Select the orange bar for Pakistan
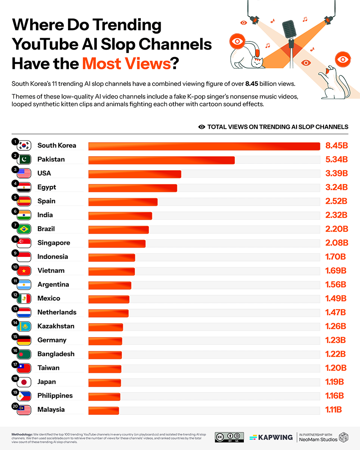[x=161, y=160]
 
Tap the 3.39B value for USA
[x=337, y=174]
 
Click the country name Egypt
[x=47, y=187]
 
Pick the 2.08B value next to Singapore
[x=337, y=243]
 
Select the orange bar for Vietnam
[x=112, y=271]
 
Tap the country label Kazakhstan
[x=56, y=326]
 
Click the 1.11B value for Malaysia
[x=333, y=410]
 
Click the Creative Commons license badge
[x=229, y=437]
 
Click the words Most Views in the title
[x=126, y=63]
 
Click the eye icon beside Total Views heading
[x=202, y=127]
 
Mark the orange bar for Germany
[x=105, y=341]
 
